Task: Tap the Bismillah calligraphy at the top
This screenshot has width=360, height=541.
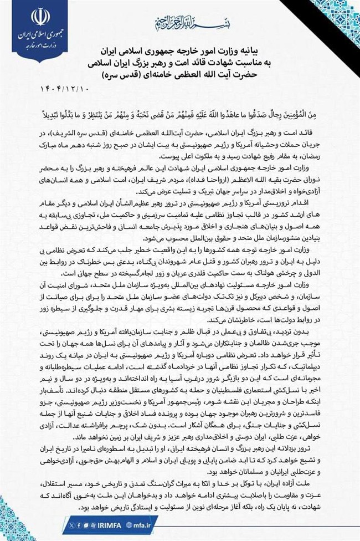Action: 180,23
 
